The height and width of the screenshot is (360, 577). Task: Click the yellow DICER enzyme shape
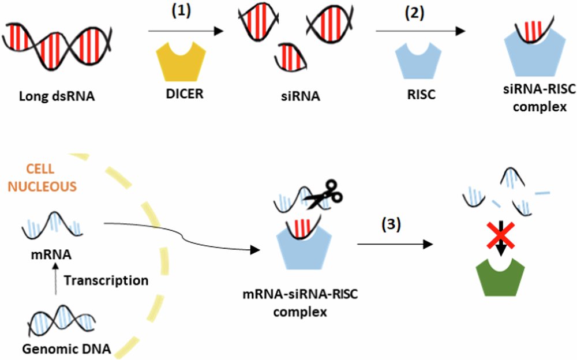pyautogui.click(x=181, y=65)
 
